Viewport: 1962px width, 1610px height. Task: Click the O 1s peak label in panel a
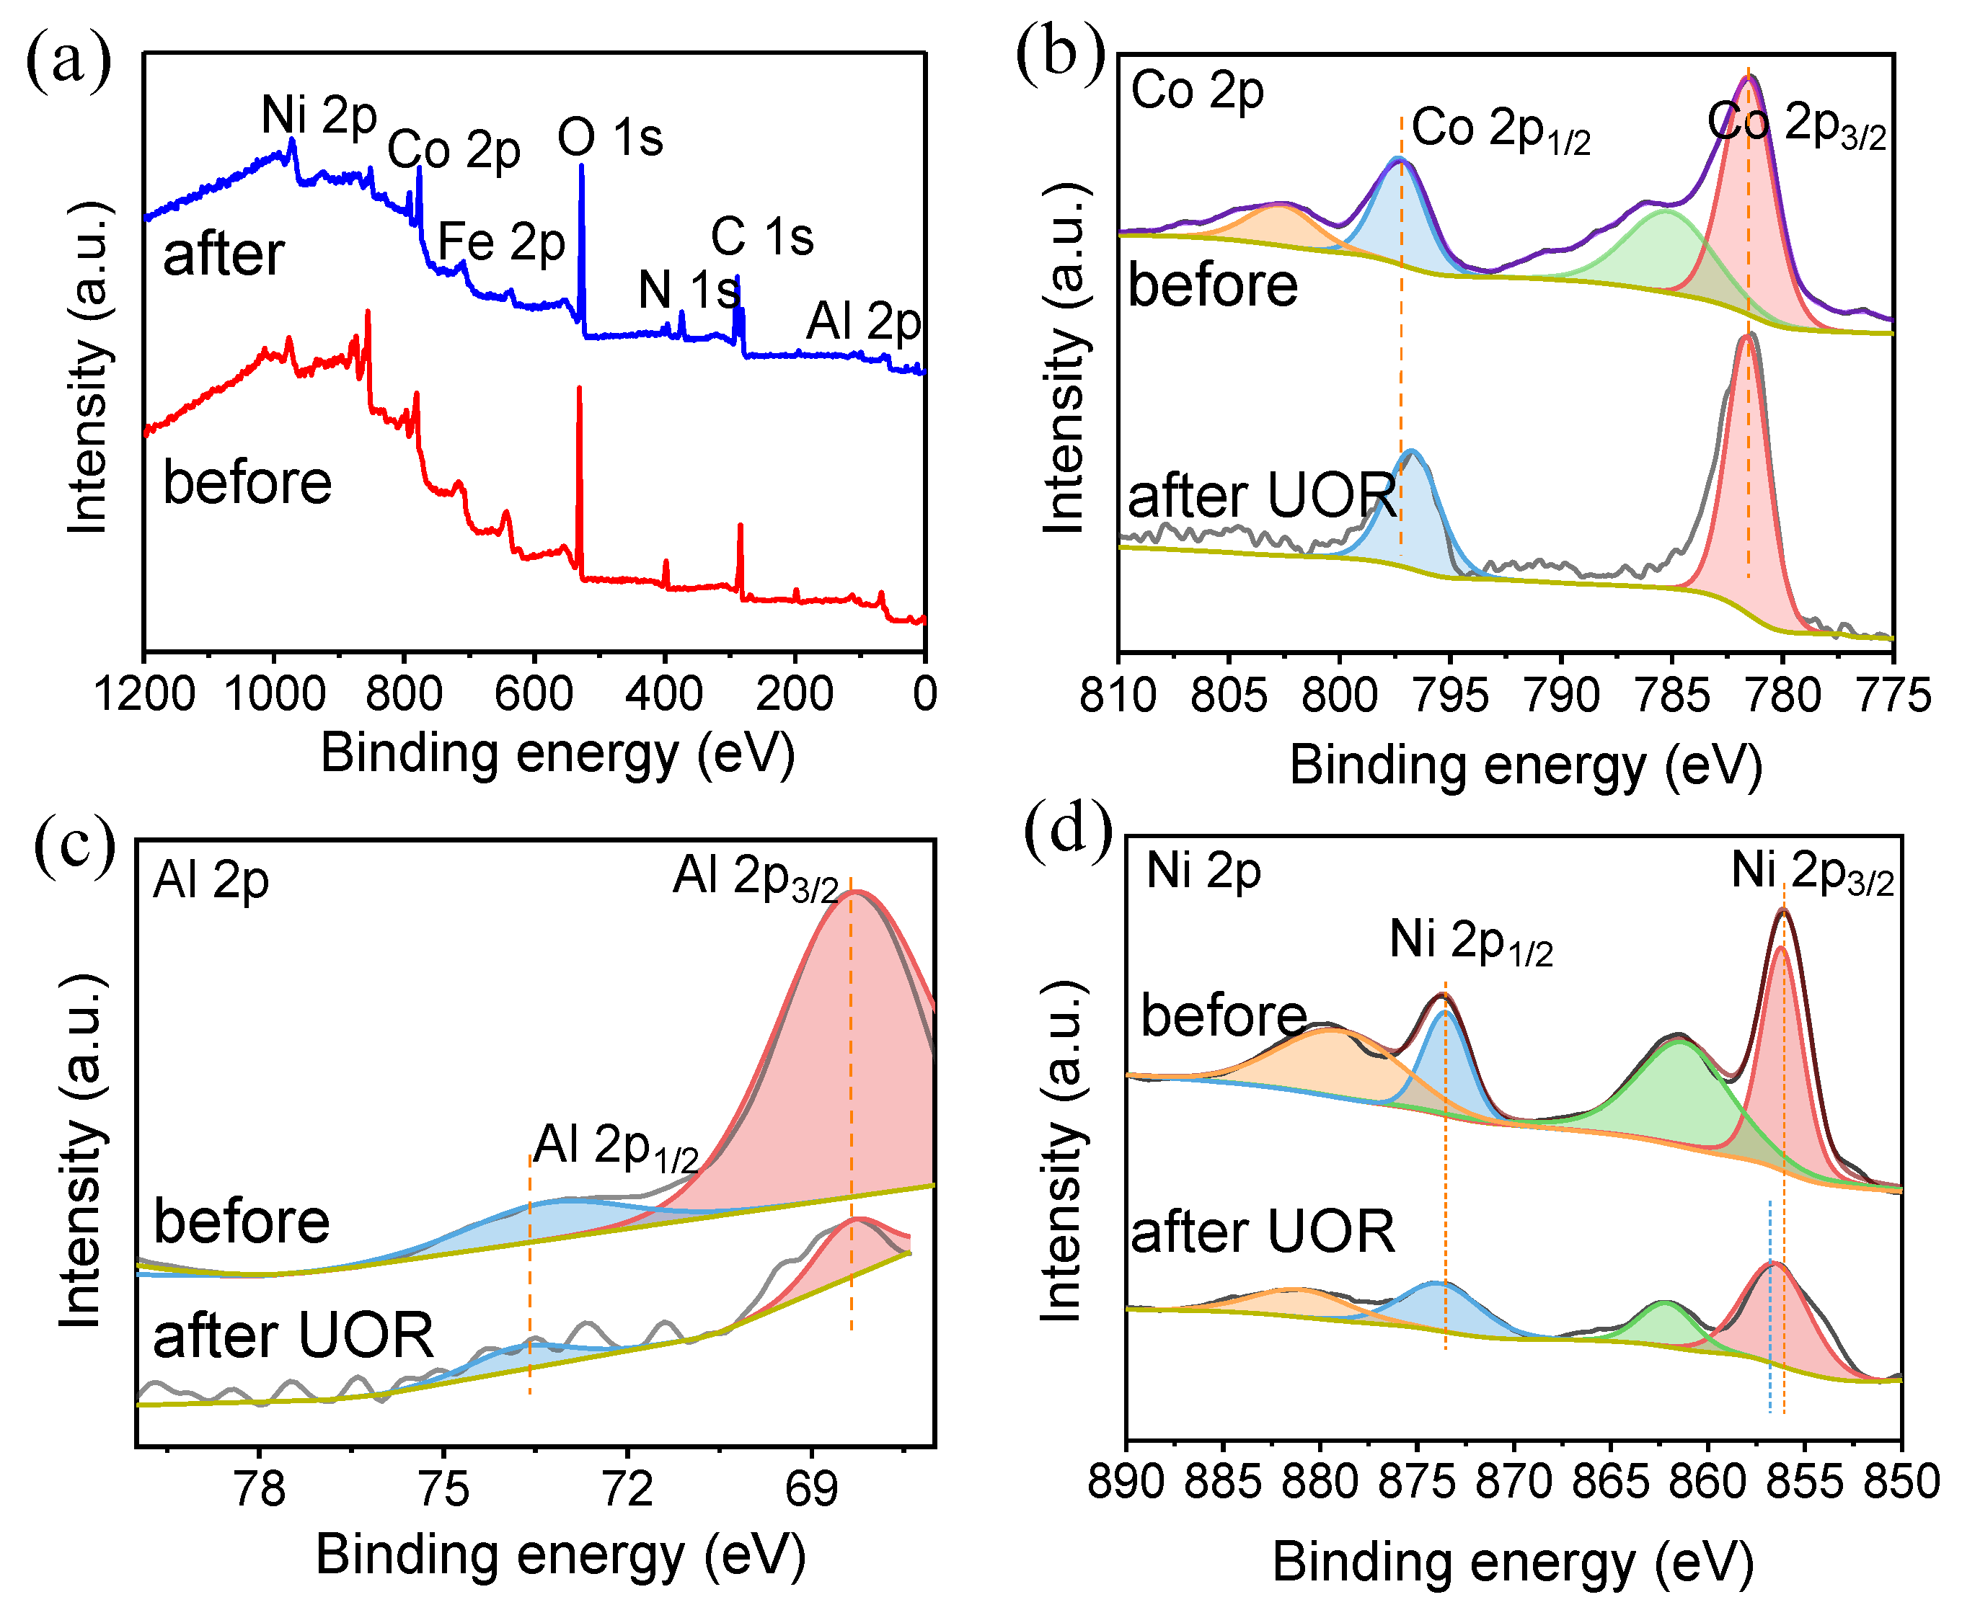(x=609, y=138)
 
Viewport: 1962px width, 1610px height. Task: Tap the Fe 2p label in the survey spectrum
(x=501, y=242)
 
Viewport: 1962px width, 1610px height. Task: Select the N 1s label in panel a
(x=689, y=290)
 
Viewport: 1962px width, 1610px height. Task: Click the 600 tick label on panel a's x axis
(x=534, y=694)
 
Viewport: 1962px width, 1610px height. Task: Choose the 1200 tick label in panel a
(x=145, y=694)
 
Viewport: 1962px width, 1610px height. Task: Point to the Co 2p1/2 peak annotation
(x=1500, y=130)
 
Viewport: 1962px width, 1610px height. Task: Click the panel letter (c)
(x=74, y=846)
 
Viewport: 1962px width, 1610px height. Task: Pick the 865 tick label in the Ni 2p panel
(x=1609, y=1481)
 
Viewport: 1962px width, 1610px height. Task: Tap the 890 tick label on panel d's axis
(x=1126, y=1481)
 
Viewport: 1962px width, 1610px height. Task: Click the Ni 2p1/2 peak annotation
(x=1470, y=941)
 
